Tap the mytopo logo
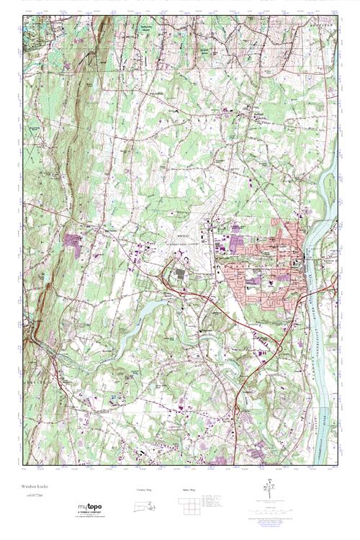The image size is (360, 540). [90, 508]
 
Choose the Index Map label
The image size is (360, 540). [188, 490]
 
